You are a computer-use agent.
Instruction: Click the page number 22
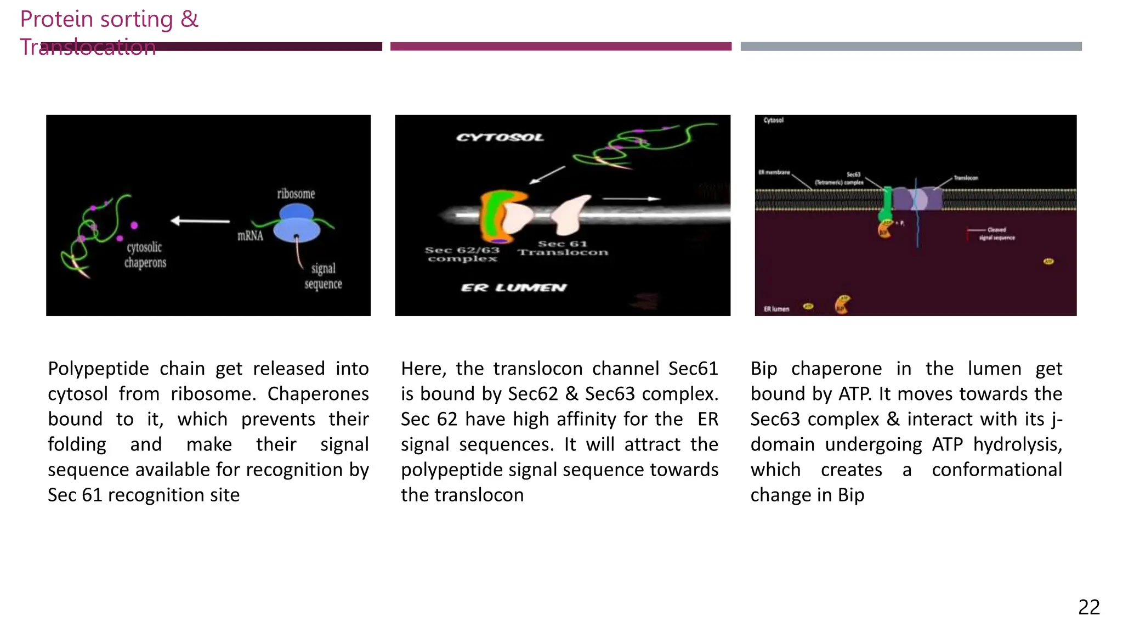coord(1088,607)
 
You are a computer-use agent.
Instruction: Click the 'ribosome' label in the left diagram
coord(296,194)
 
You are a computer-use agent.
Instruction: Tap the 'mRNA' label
coord(250,236)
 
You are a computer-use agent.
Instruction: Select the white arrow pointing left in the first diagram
coord(200,221)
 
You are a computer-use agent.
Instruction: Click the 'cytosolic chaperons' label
coord(145,255)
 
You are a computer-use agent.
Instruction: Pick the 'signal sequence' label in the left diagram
coord(323,276)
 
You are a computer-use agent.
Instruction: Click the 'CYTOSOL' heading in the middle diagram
coord(500,137)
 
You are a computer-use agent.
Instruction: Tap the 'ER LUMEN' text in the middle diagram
coord(513,287)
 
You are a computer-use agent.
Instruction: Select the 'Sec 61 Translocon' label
coord(563,248)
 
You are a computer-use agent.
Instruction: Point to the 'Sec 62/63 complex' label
coord(462,254)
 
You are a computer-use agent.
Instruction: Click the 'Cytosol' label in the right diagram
coord(773,120)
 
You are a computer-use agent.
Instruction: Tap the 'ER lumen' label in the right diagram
coord(776,309)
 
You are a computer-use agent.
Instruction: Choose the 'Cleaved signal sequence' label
coord(996,234)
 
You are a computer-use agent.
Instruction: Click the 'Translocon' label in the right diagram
coord(966,178)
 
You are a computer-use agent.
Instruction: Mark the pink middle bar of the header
coord(560,47)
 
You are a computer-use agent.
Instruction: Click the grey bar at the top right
coord(911,47)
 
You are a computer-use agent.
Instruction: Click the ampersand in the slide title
coord(189,19)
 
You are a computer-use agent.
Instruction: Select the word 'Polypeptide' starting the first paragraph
coord(98,369)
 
